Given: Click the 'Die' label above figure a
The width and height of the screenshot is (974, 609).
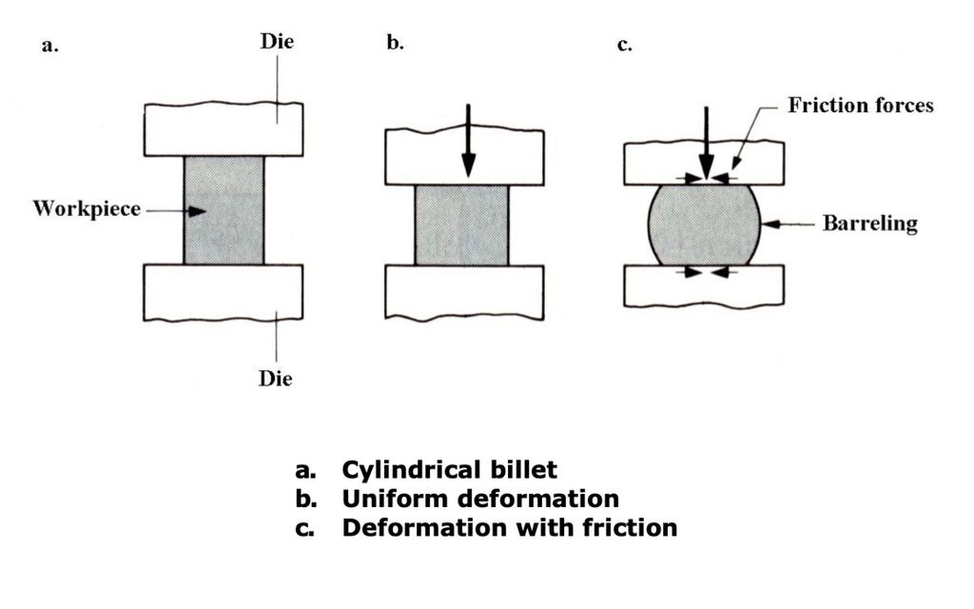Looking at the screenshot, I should point(276,42).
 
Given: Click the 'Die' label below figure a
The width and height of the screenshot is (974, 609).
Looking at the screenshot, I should point(275,379).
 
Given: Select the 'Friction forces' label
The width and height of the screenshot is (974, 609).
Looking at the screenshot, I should point(860,106).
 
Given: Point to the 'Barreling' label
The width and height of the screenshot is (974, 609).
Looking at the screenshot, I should point(869,225).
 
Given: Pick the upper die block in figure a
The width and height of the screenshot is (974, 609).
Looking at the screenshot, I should point(224,128).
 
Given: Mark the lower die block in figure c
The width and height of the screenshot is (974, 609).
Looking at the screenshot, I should point(704,285).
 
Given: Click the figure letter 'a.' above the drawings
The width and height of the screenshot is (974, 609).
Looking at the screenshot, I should point(49,45).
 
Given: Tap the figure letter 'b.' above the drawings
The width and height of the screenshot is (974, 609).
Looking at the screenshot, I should point(395,45).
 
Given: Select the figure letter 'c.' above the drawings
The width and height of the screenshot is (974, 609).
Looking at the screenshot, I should point(625,45).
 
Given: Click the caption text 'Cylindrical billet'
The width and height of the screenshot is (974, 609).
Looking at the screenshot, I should point(450,470).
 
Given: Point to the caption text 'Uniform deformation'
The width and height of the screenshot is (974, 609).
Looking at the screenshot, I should point(480,499).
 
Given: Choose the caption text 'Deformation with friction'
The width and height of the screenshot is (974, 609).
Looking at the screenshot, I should point(510,527).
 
